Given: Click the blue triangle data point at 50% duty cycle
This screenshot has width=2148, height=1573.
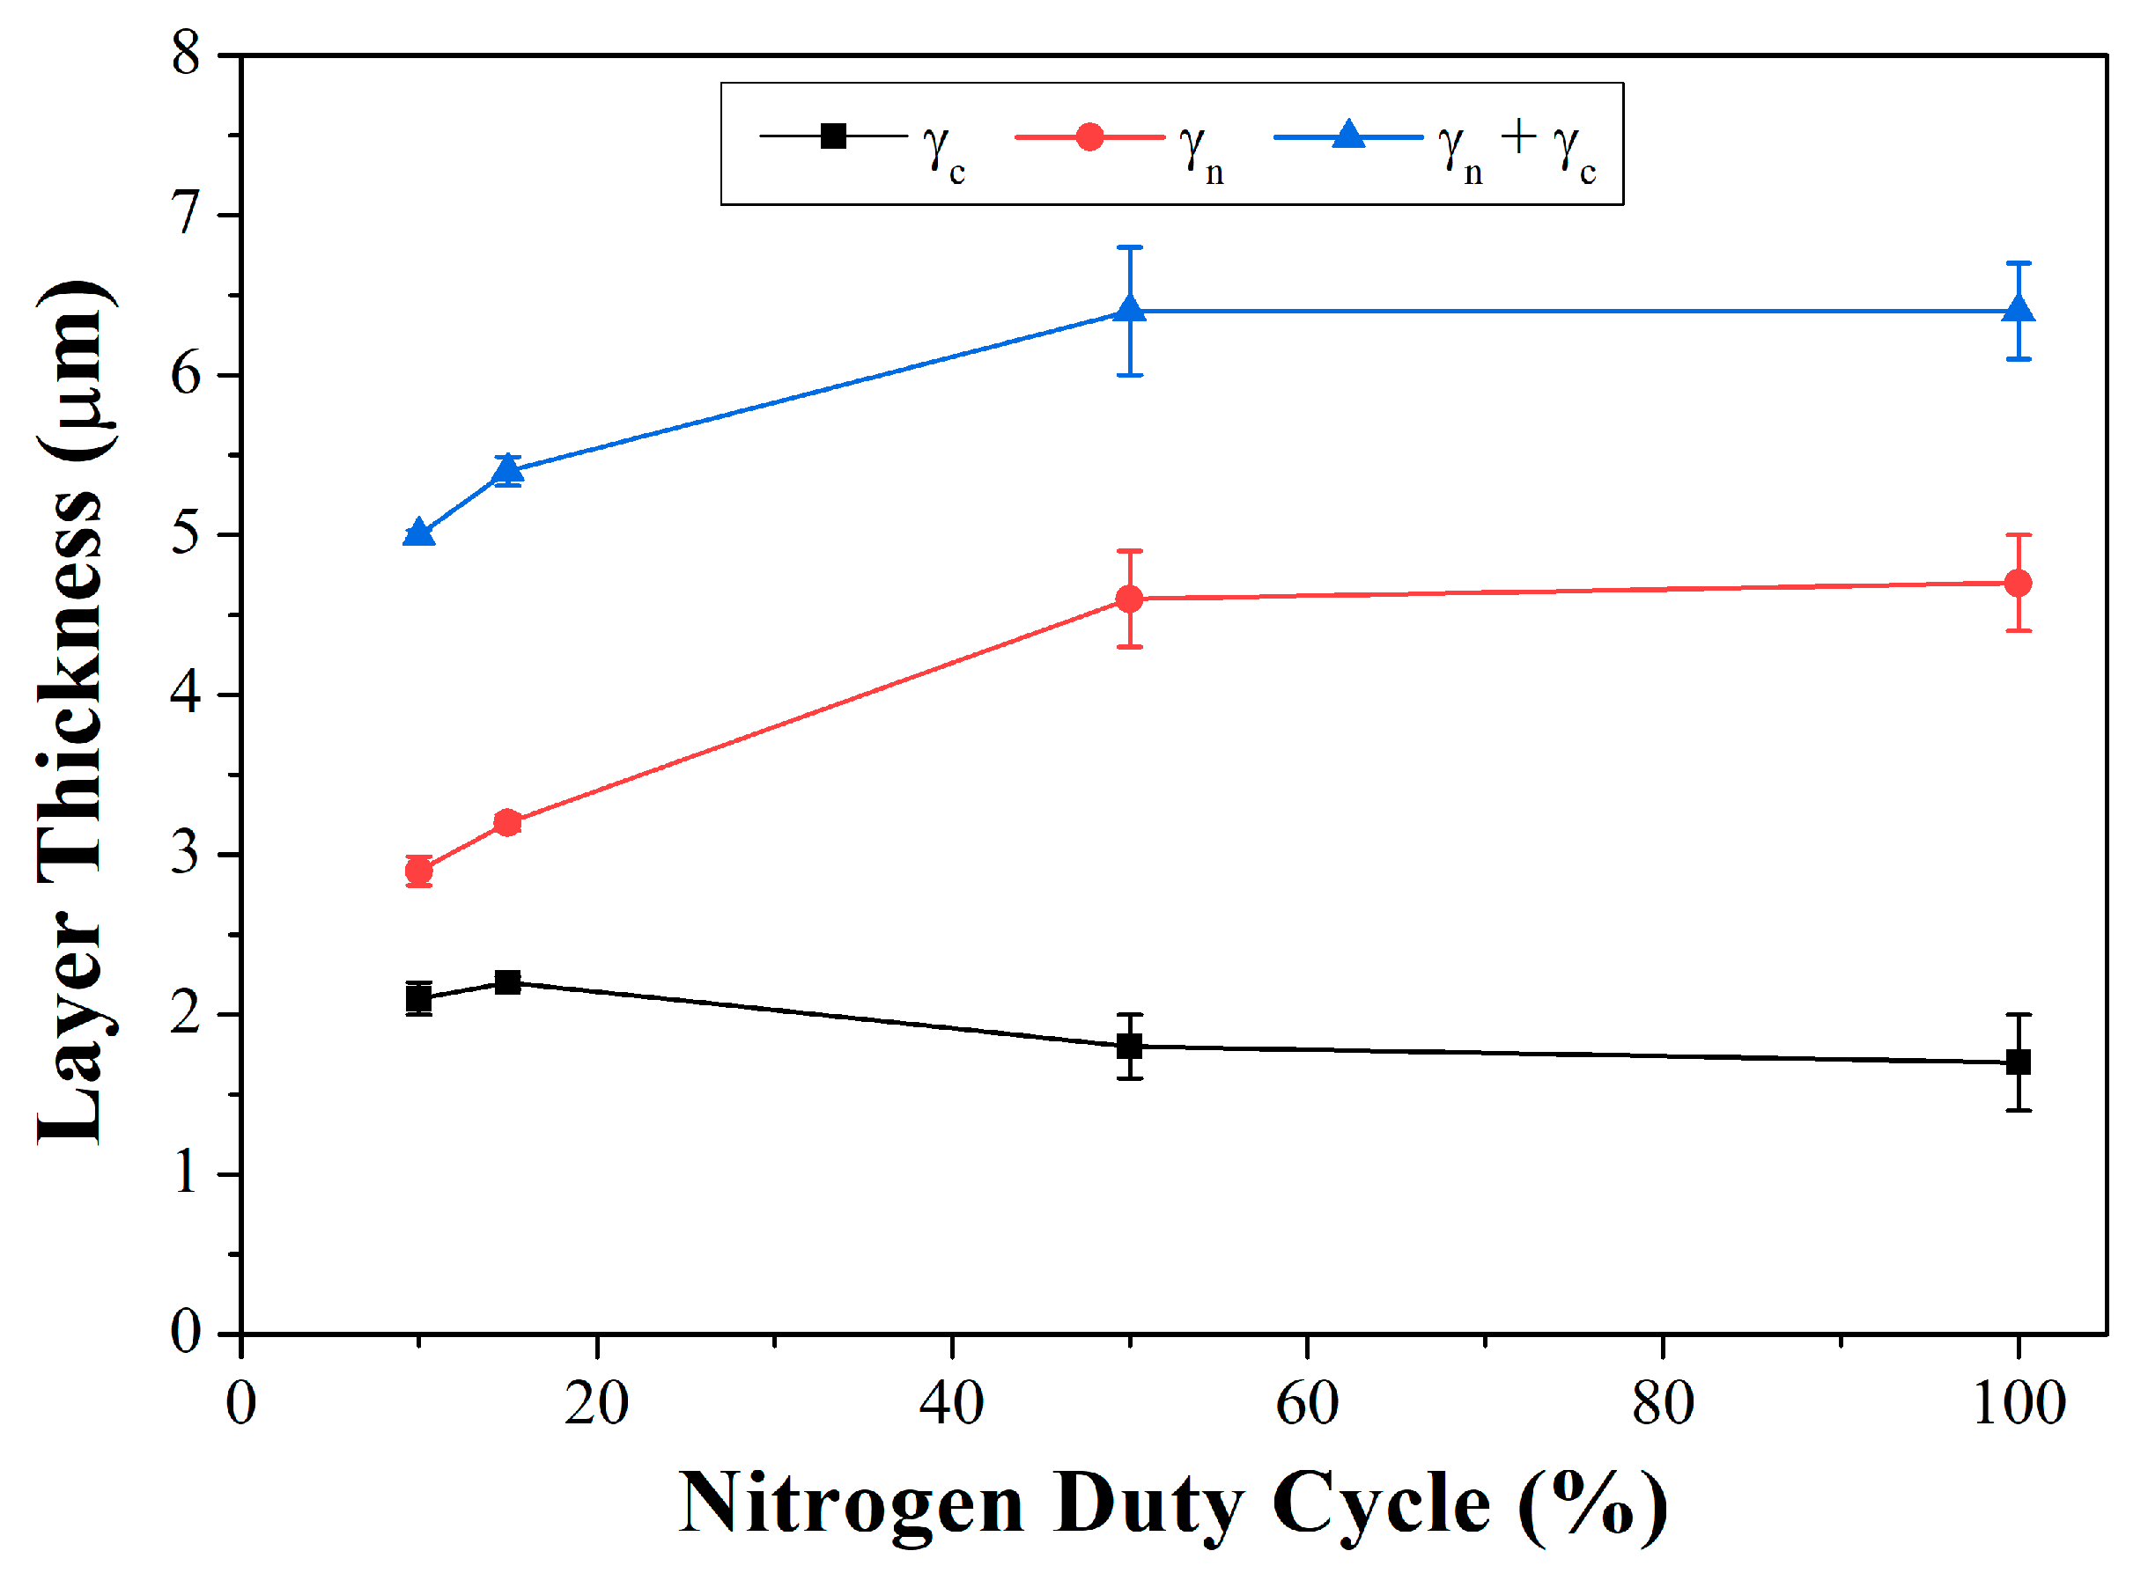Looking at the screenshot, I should pos(1130,311).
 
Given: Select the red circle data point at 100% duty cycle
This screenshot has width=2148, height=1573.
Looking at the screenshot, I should pos(2018,583).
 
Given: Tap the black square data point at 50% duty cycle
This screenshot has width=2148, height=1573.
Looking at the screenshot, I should pos(1130,1047).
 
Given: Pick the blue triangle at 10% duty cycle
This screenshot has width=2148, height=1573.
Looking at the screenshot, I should pos(419,533).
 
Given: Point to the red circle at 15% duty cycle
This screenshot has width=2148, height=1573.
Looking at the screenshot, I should pos(507,823).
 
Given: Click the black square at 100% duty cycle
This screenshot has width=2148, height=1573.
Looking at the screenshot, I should pos(2018,1062).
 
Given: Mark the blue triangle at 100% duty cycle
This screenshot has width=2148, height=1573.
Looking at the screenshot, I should pos(2018,311).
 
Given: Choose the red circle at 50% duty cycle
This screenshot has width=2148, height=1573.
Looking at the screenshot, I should pos(1130,599).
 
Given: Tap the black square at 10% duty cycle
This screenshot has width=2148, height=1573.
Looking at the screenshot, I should pos(419,999).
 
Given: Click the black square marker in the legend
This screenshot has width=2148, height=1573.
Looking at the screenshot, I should pos(833,136).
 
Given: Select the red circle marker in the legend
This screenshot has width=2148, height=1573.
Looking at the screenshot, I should pos(1089,137).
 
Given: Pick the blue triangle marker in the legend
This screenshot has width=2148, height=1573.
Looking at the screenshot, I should pos(1347,136).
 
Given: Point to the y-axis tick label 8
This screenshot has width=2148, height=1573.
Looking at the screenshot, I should pos(186,54).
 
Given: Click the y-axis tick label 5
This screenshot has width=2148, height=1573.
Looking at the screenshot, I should pos(186,533).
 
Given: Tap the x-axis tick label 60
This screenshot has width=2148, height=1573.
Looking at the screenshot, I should pos(1307,1405).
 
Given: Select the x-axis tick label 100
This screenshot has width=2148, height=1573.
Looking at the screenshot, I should pos(2018,1405).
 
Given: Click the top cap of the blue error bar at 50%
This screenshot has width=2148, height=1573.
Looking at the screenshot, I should pos(1130,247).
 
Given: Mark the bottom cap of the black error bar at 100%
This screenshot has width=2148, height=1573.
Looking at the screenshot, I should pos(2018,1110).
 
